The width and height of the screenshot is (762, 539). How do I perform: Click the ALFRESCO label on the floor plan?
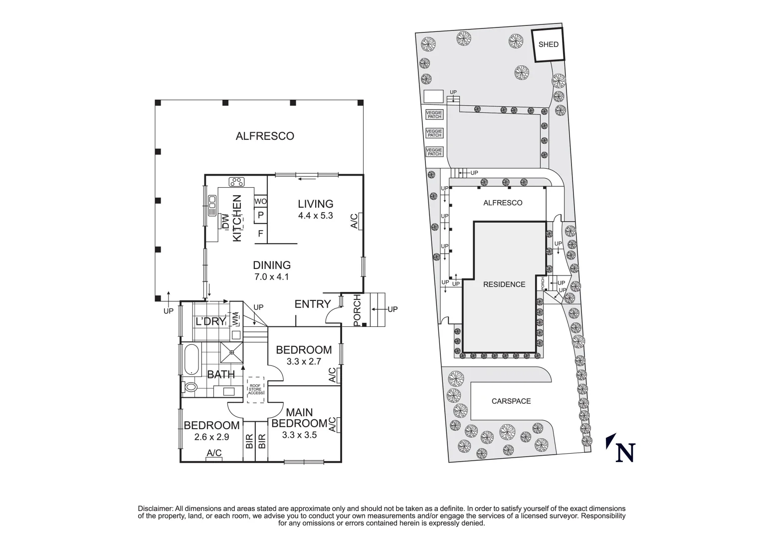coord(265,136)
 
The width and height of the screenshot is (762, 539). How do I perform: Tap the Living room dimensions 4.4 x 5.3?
coord(315,216)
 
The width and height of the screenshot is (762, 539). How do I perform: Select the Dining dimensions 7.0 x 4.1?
coord(272,277)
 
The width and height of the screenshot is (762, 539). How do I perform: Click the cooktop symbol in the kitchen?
coord(236,182)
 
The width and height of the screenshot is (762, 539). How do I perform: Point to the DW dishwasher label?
coord(225,222)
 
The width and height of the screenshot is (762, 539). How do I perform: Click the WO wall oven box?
coord(260,201)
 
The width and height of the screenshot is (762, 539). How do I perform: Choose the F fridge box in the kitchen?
coord(260,233)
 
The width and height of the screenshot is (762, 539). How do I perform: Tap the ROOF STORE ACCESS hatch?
coord(256,389)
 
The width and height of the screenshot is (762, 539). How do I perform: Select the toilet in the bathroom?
coord(190,386)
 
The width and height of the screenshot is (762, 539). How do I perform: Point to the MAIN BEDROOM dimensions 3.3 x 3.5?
coord(299,435)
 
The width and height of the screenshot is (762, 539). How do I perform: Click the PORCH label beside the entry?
coord(357,310)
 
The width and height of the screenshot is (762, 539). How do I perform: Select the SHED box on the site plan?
coord(549,44)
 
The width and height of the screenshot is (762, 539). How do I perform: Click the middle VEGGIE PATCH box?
coord(434,133)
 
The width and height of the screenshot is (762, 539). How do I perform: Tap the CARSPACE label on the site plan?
coord(511,401)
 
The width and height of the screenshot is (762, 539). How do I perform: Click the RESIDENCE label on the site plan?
coord(504,284)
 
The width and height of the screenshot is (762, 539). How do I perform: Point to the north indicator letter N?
coord(624,452)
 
